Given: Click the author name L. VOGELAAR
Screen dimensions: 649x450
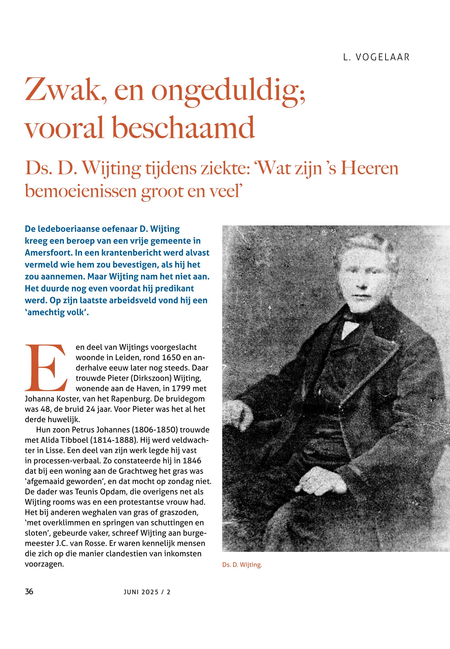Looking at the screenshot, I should pos(376,57).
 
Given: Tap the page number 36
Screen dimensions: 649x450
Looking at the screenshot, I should pos(29,591).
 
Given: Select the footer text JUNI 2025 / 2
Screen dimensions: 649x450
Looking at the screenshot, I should pos(147,592).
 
